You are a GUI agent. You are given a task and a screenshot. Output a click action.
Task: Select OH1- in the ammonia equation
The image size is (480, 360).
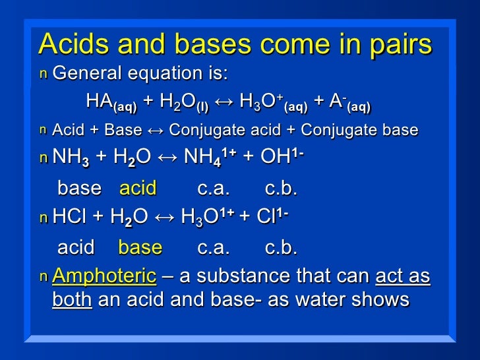click(280, 159)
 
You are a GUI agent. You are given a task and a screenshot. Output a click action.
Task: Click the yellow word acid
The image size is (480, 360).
click(137, 189)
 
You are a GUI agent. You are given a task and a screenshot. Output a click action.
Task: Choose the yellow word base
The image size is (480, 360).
click(140, 248)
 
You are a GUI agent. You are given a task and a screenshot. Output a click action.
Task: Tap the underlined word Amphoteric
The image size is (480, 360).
click(104, 276)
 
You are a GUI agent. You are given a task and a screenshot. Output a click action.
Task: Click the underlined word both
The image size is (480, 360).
click(71, 300)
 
